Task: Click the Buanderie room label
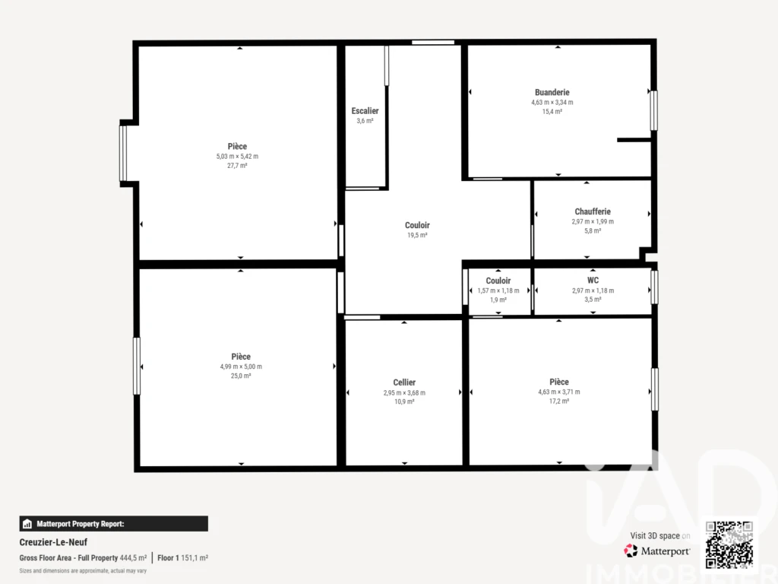552,92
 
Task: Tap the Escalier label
365,111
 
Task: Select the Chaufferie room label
593,211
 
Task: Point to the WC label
593,280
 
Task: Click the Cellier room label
404,382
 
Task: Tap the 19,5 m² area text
417,236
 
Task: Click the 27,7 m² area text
237,166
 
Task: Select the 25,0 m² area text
241,376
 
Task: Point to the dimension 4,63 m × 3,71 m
559,392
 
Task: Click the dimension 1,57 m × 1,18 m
498,290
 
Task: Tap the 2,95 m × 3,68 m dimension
404,393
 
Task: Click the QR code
729,544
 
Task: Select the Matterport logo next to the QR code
657,551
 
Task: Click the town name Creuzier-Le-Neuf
53,542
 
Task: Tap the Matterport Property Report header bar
114,523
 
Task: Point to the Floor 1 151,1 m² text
182,558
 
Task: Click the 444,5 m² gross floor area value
133,558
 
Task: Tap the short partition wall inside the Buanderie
634,140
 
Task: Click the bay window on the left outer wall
123,154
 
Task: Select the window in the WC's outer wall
654,287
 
